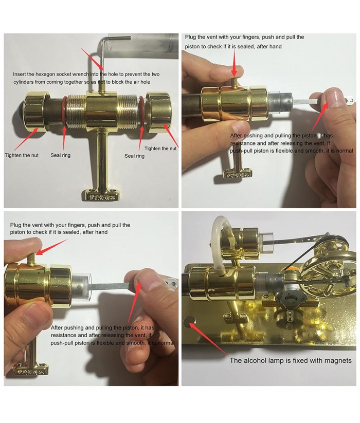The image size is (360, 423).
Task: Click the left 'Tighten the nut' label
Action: pos(22,155)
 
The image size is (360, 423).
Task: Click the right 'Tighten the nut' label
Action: pos(160,149)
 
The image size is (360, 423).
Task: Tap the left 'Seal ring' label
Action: pos(61,155)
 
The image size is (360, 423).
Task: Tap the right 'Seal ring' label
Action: pos(134,156)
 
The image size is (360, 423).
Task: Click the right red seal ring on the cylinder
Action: pos(141,111)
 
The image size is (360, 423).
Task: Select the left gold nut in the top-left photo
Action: pos(37,111)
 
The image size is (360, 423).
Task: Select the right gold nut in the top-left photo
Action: pos(158,113)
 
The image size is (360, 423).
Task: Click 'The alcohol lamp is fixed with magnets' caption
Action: pos(291,361)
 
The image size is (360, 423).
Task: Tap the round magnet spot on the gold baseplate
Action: pos(190,321)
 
